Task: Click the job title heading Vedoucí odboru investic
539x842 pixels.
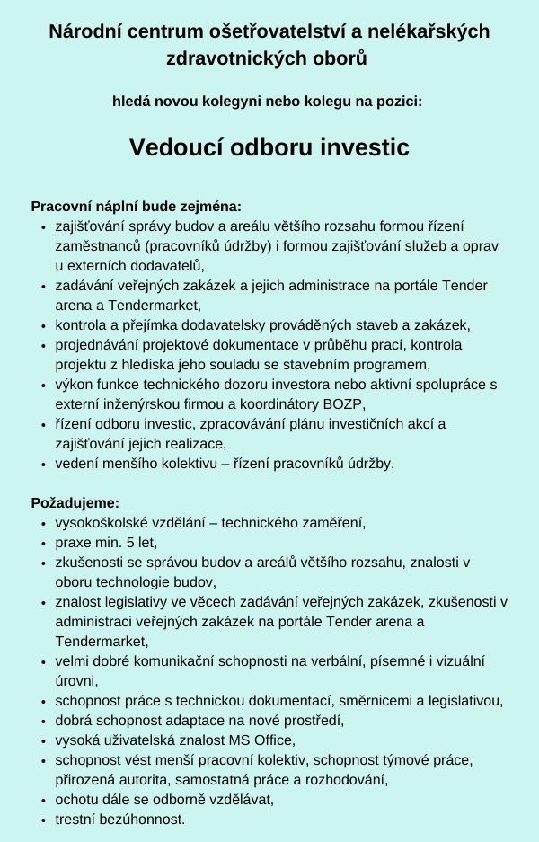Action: pyautogui.click(x=269, y=147)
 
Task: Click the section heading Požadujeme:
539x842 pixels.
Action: pyautogui.click(x=75, y=503)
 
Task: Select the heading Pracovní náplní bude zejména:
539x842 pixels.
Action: pyautogui.click(x=136, y=206)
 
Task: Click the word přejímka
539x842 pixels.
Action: pyautogui.click(x=146, y=324)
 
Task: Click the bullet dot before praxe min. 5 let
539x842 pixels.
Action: pyautogui.click(x=44, y=544)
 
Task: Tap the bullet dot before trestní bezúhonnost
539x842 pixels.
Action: pyautogui.click(x=44, y=820)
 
